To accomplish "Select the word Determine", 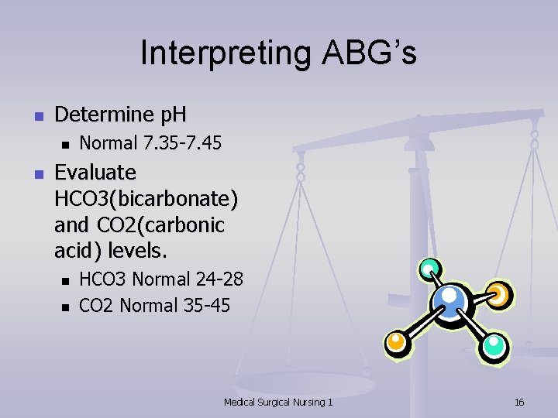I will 105,115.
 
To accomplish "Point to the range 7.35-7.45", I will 183,143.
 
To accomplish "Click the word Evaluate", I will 95,172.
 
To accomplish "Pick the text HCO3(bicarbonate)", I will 146,199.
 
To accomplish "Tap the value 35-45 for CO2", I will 207,306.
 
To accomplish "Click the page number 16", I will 519,402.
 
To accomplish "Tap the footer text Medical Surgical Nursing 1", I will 278,402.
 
